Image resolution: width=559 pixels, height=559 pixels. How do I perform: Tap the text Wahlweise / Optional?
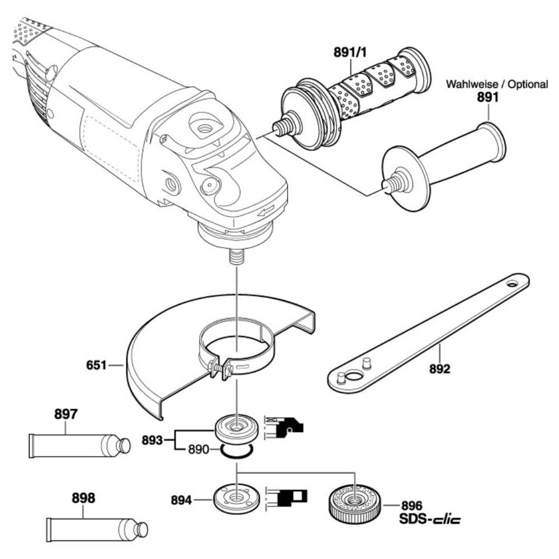point(496,84)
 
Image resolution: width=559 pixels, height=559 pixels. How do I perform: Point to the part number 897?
point(66,415)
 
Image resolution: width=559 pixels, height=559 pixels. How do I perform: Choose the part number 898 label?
point(83,498)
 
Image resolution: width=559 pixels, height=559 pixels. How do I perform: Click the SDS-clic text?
point(430,519)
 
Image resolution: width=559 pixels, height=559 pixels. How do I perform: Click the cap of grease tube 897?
point(122,445)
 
